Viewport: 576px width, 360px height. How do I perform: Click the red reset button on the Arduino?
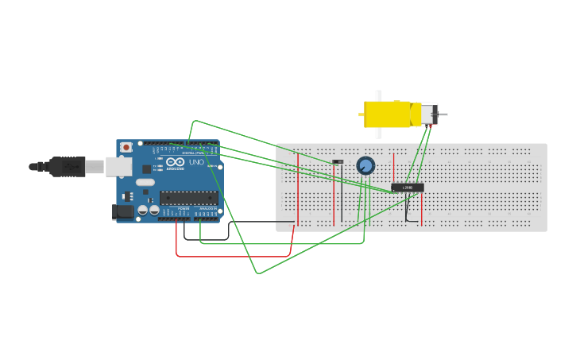pos(126,147)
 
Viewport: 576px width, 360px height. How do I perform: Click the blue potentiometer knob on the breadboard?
pos(365,165)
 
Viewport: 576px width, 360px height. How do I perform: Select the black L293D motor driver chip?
pos(408,188)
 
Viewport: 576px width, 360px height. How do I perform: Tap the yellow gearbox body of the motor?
pos(387,114)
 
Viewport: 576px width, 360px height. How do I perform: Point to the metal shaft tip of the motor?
pos(443,114)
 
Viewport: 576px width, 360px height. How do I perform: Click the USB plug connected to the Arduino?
pos(68,167)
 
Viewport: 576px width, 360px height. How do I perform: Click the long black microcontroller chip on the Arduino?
pos(188,198)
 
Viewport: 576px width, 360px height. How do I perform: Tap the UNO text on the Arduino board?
pos(196,162)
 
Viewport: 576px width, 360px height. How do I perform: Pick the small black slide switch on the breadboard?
pos(338,162)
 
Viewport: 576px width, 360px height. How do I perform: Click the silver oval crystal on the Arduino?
pos(145,182)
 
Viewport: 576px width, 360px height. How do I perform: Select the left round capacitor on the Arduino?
pos(143,211)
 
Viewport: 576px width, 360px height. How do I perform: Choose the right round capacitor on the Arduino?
pos(154,211)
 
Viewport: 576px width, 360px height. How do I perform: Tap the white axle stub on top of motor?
pos(379,95)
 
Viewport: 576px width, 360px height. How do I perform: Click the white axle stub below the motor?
pos(379,133)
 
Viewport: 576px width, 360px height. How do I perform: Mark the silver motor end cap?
pos(428,114)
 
